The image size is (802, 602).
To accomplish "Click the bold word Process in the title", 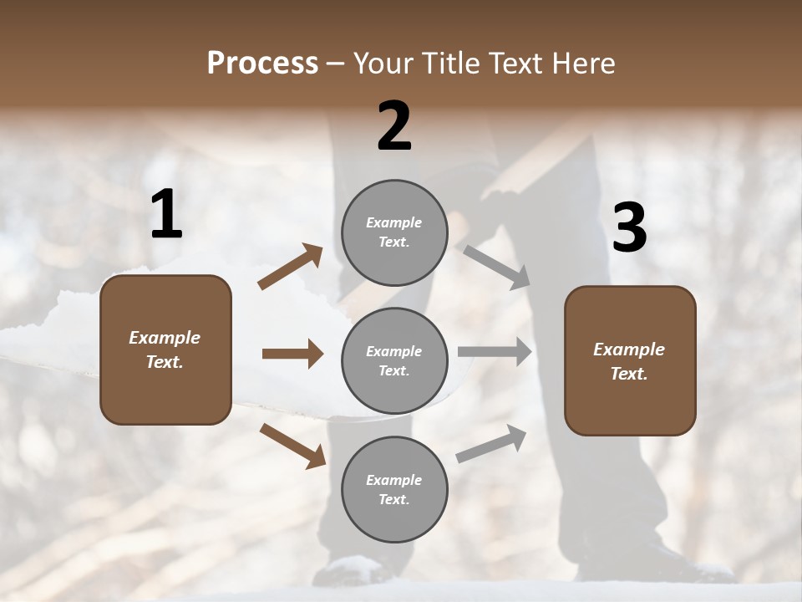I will pos(262,64).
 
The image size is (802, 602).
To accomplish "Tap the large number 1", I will pos(166,215).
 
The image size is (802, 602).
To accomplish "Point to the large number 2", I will pos(394,126).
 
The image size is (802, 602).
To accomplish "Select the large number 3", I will pos(629,228).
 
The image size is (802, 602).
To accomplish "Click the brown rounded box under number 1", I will pos(165,349).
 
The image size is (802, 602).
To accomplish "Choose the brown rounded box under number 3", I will pos(630,360).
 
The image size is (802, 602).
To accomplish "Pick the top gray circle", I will pos(394,232).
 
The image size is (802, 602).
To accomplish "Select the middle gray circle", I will pos(394,360).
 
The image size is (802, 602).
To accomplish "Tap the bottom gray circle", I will pos(394,489).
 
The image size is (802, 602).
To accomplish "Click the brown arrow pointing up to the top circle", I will pos(290,266).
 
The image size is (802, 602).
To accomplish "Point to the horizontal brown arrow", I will pos(292,354).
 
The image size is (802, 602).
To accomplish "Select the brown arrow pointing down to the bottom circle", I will pos(292,446).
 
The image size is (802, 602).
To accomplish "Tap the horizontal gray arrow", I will pos(495,352).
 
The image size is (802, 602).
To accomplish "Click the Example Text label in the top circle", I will pos(394,232).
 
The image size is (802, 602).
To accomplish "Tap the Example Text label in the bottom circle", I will pos(394,489).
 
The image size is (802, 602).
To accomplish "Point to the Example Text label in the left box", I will pos(165,349).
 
